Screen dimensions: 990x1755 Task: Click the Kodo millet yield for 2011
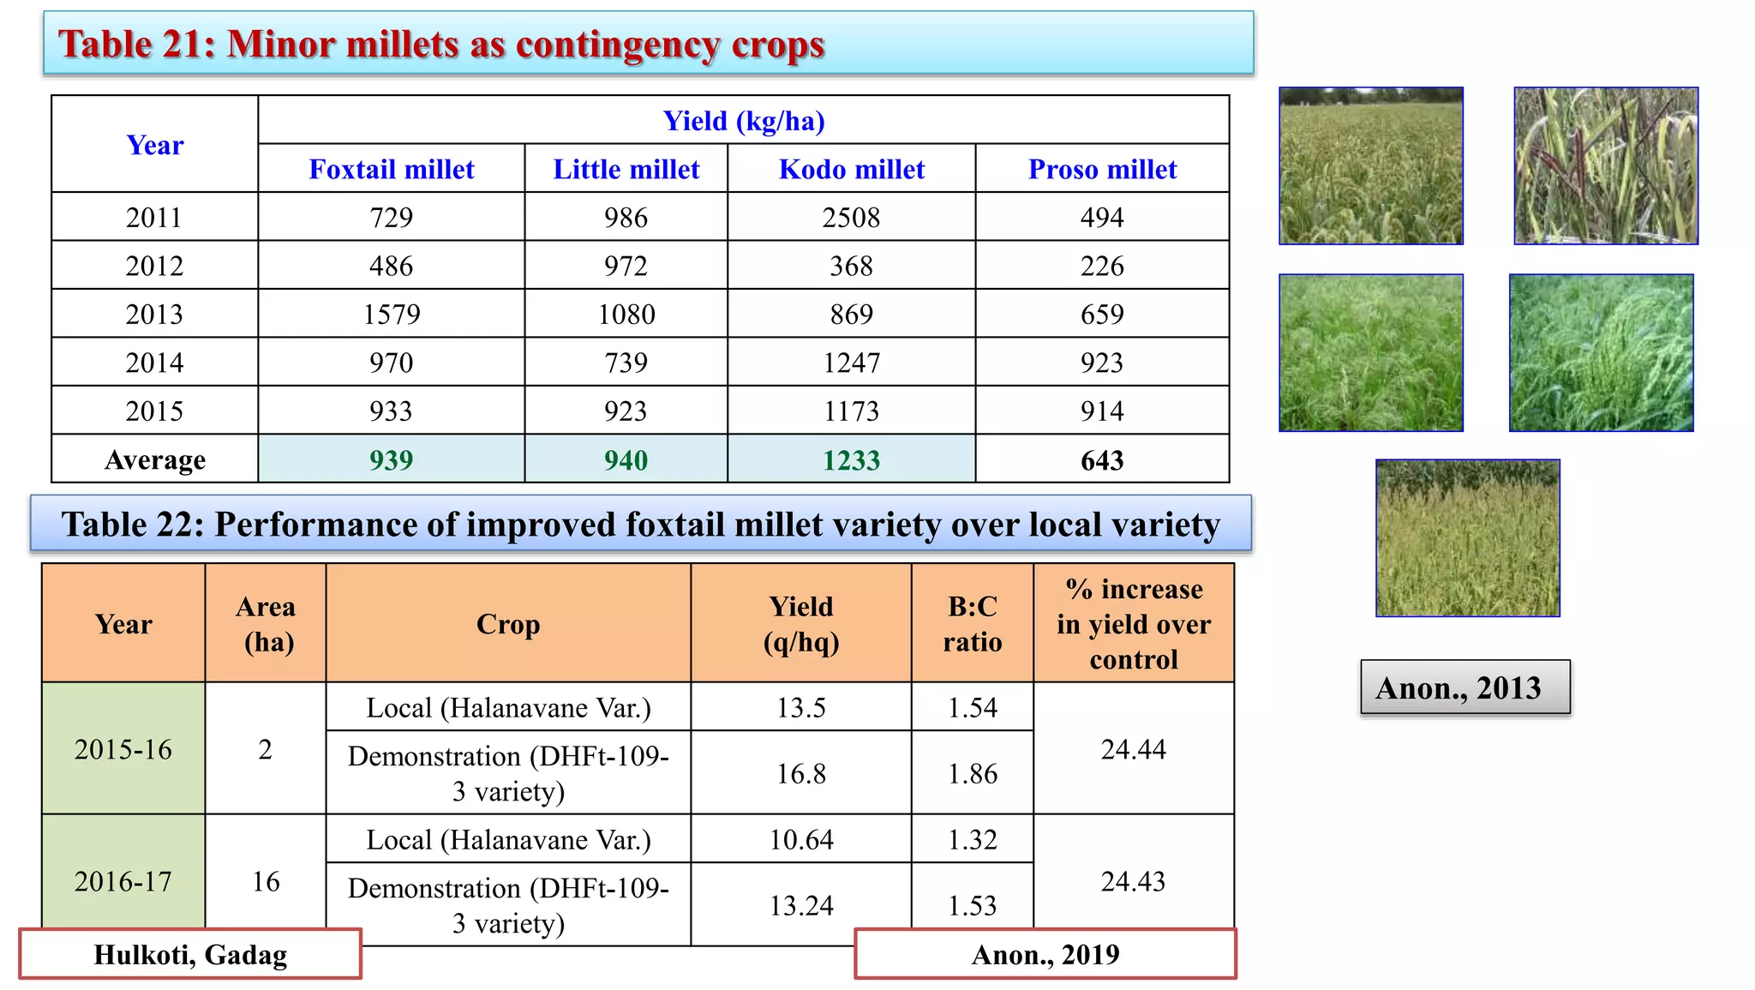tap(851, 217)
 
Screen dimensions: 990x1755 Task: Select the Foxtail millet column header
tap(392, 169)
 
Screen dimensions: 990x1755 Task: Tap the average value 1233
tap(851, 460)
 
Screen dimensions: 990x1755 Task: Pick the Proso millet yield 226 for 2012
tap(1102, 266)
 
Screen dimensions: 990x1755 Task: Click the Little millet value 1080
tap(626, 315)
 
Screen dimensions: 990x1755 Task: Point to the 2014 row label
tap(154, 363)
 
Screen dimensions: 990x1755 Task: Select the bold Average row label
tap(155, 460)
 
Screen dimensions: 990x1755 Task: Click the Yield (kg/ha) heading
tap(744, 121)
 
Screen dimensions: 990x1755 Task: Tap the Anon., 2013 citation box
tap(1465, 687)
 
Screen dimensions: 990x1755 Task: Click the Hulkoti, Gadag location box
tap(190, 954)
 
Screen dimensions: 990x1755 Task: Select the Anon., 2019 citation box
tap(1045, 954)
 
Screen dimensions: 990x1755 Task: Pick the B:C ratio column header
tap(973, 624)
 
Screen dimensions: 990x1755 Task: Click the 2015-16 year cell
tap(123, 749)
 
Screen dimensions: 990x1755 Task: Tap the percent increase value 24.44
tap(1133, 749)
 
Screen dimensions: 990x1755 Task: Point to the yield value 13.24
tap(801, 905)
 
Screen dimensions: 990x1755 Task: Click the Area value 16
tap(266, 881)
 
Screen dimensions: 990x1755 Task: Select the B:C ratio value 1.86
tap(973, 773)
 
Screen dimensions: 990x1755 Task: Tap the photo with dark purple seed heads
tap(1606, 166)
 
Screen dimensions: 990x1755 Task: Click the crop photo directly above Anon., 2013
tap(1468, 538)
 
